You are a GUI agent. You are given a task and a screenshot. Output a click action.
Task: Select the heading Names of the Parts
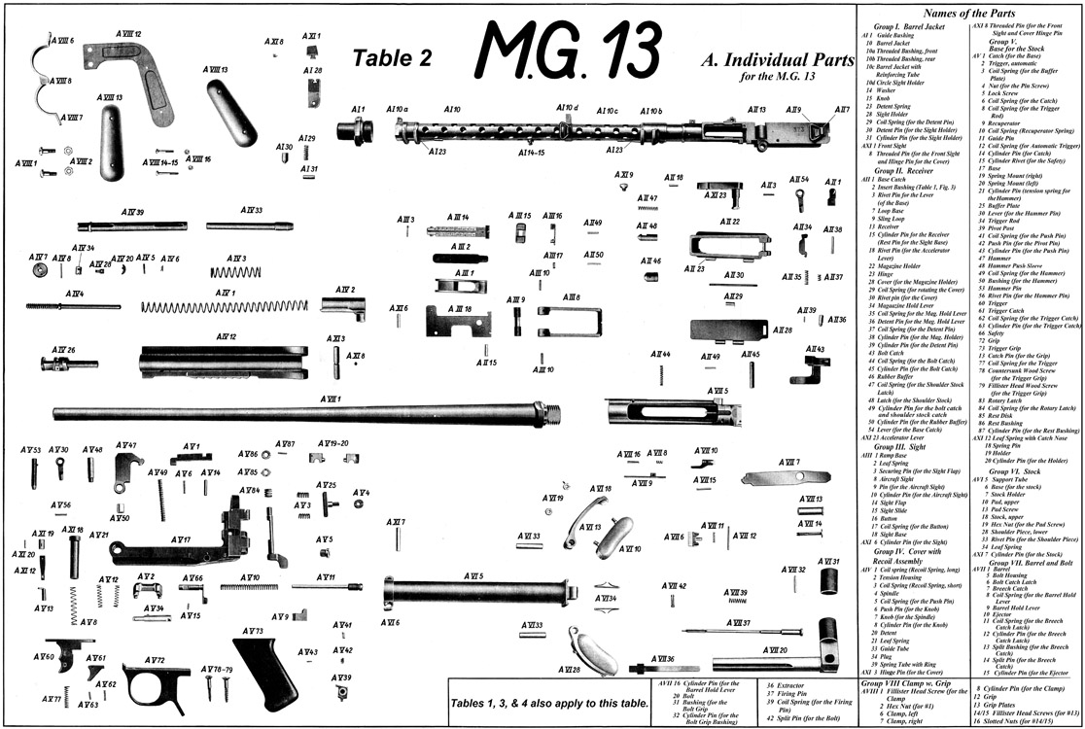click(x=969, y=14)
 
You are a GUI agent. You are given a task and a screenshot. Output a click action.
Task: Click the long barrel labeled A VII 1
click(x=301, y=414)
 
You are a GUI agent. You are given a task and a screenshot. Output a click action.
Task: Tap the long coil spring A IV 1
click(x=229, y=306)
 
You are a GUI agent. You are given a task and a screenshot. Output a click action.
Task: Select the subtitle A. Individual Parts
click(x=762, y=60)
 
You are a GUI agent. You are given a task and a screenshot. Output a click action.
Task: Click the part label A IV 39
click(x=133, y=212)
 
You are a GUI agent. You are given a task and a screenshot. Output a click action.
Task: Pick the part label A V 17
click(x=181, y=539)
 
